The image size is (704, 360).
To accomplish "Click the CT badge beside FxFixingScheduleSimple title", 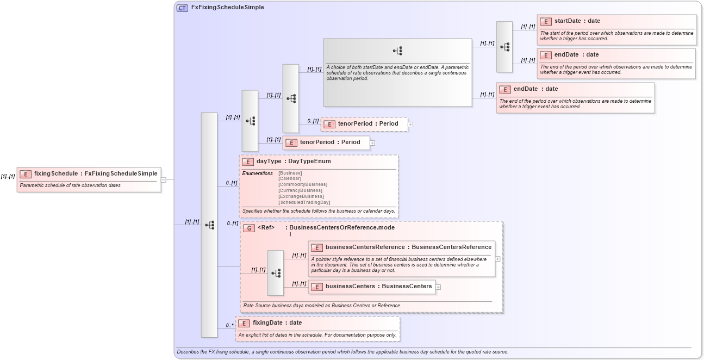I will (x=183, y=8).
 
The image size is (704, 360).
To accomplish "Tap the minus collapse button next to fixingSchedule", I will (x=164, y=179).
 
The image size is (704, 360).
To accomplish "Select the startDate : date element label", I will (x=577, y=21).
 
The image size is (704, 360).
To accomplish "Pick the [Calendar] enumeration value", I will (x=290, y=178).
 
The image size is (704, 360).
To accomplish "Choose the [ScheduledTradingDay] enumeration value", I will (x=304, y=202).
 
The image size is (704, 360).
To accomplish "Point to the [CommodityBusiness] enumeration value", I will (x=302, y=184).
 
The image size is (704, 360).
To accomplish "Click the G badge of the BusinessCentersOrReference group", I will (x=249, y=228).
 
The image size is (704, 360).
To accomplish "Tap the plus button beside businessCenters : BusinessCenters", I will (x=438, y=287).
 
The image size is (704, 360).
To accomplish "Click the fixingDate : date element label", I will (x=277, y=323).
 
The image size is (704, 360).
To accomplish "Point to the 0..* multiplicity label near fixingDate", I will (x=229, y=326).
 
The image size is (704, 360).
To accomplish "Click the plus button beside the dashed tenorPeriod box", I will (x=410, y=125).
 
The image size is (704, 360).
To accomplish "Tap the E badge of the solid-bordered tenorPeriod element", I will (x=291, y=142).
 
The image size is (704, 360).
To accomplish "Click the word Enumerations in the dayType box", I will (x=257, y=173).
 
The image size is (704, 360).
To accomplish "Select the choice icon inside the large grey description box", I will (x=397, y=51).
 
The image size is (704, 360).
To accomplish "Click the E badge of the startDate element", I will (x=545, y=21).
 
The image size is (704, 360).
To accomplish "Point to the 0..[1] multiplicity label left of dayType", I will (x=232, y=183).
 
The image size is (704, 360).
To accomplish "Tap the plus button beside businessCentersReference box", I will (x=497, y=259).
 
